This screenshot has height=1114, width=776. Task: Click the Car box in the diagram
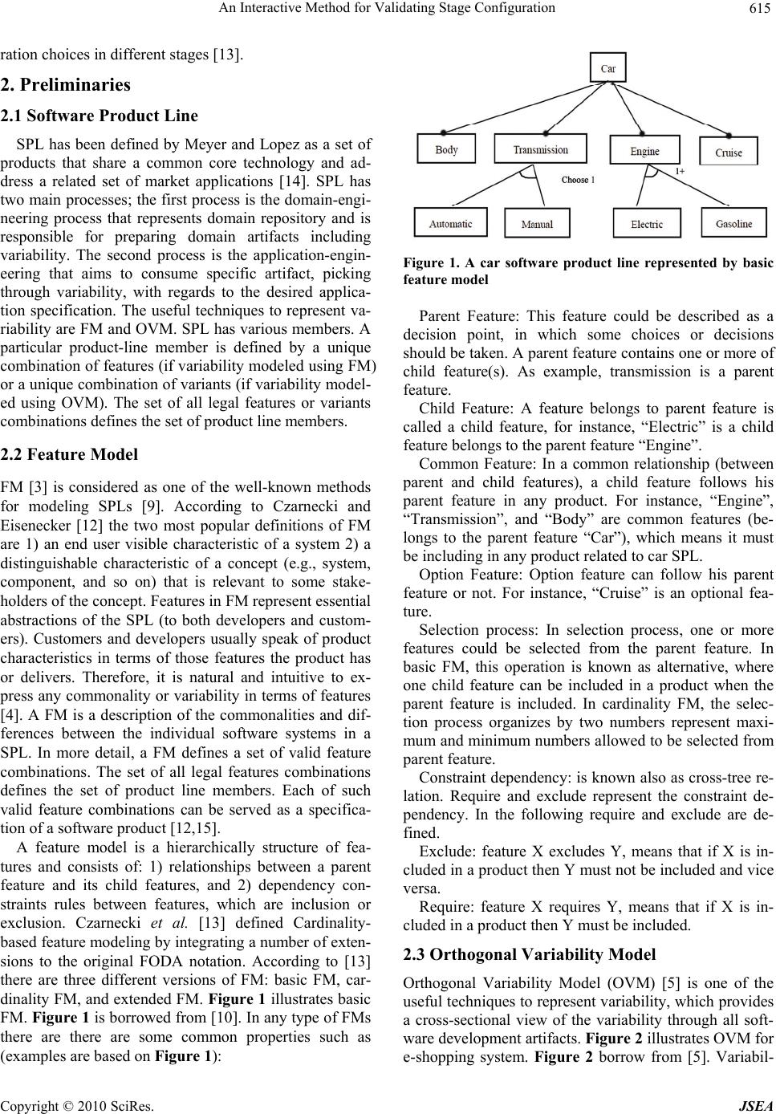click(x=609, y=68)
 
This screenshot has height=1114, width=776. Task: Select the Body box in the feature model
click(x=447, y=150)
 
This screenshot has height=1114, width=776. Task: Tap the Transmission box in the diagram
click(x=541, y=149)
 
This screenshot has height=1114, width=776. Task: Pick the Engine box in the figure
click(x=644, y=151)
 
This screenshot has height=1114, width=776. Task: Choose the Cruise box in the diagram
click(x=729, y=152)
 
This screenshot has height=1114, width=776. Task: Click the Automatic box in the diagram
click(x=450, y=224)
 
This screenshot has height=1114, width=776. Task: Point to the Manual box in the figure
click(x=537, y=225)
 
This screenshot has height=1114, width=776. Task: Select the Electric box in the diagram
click(x=647, y=225)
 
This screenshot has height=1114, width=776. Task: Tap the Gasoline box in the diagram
click(x=734, y=224)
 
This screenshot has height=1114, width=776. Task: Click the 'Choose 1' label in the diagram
click(x=578, y=180)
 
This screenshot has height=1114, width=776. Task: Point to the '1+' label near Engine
click(x=679, y=172)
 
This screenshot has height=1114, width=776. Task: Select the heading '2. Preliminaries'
click(x=66, y=84)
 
